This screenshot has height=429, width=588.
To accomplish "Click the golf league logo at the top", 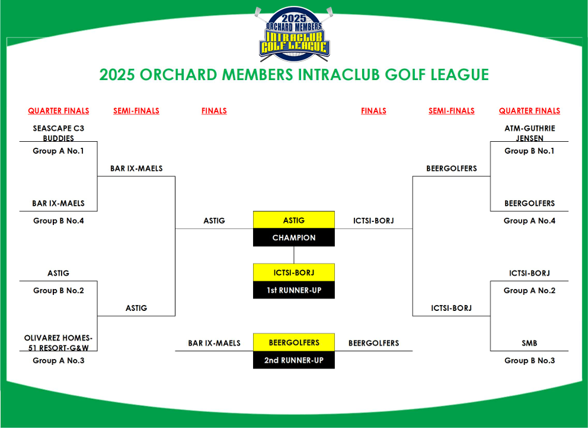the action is click(x=294, y=34).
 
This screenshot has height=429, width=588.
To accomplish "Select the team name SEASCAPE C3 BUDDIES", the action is click(x=59, y=134).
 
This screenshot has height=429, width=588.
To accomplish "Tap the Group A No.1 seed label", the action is click(x=58, y=151).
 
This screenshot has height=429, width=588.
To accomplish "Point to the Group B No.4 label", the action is click(x=59, y=221).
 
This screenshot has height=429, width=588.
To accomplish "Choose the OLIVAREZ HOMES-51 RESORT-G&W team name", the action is click(x=59, y=343).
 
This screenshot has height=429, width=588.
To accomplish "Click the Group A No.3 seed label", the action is click(x=59, y=360).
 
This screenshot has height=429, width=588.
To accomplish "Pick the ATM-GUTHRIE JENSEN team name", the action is click(x=529, y=134).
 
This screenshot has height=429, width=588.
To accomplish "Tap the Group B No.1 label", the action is click(x=529, y=151).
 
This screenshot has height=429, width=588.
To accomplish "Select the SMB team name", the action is click(x=529, y=343).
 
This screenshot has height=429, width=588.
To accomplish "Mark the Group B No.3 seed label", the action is click(x=529, y=360).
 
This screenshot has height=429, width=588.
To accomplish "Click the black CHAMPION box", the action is click(x=294, y=237).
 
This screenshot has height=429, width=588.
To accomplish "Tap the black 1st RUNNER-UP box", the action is click(x=294, y=290).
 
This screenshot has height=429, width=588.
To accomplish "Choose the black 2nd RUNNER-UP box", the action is click(x=294, y=360).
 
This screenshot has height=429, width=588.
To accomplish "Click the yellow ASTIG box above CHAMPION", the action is click(x=294, y=220).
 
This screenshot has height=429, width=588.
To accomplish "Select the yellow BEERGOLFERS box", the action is click(x=294, y=342).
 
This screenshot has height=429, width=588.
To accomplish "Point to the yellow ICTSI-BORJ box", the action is click(x=294, y=272).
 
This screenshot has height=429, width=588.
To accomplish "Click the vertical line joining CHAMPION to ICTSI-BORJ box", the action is click(x=294, y=255).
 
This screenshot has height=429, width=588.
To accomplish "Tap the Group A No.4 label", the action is click(x=529, y=221).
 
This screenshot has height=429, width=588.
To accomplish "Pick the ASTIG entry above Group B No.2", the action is click(x=59, y=273).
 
